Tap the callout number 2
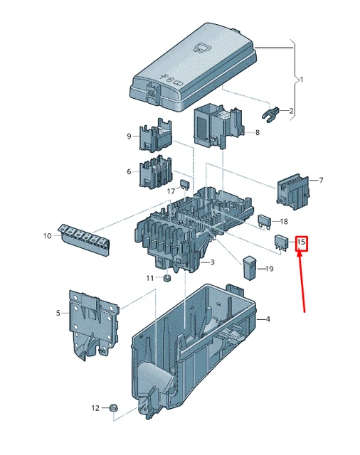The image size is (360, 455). (x=290, y=111)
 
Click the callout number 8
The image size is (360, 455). (x=257, y=132)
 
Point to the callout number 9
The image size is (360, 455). (x=129, y=136)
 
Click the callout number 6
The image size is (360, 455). (x=129, y=171)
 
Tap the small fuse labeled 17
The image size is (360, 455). (x=186, y=185)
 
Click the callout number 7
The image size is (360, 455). (x=321, y=181)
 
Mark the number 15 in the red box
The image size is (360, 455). (x=301, y=243)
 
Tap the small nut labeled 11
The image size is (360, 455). (x=166, y=277)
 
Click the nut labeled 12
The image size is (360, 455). (x=115, y=409)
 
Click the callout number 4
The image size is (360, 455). (x=268, y=319)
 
